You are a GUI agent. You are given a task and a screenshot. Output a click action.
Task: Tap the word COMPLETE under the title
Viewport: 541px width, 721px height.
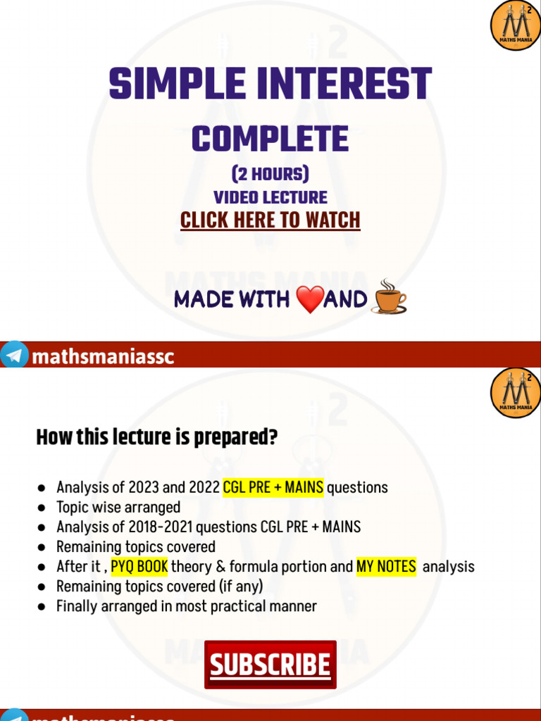click(x=270, y=139)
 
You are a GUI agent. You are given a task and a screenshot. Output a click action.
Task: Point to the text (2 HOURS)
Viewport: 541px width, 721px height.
click(x=270, y=174)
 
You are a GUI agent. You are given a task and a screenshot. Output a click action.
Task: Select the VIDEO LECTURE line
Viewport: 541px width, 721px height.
click(x=270, y=197)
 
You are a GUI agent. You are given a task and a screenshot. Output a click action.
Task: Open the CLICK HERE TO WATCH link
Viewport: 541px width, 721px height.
click(x=270, y=220)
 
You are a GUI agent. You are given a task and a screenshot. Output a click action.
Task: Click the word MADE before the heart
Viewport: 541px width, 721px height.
click(x=202, y=300)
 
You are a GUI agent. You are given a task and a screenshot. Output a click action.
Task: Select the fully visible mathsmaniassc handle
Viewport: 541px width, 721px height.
click(x=103, y=357)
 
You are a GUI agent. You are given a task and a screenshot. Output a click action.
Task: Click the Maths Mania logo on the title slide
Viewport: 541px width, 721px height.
click(x=515, y=26)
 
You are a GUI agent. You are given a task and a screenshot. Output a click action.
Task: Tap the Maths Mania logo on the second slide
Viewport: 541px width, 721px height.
click(x=515, y=393)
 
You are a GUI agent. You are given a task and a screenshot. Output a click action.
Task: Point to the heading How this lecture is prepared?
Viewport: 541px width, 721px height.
click(x=156, y=438)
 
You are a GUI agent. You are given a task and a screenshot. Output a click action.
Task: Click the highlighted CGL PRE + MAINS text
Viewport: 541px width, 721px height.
click(x=273, y=487)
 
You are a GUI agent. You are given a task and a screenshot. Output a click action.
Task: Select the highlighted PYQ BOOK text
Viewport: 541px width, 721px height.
click(x=139, y=567)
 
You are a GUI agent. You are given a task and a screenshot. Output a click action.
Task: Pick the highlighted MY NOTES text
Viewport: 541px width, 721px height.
click(x=386, y=567)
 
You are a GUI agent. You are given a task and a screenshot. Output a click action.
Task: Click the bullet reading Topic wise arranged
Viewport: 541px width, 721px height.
click(x=118, y=507)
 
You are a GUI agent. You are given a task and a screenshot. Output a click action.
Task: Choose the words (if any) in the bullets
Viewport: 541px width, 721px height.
click(x=240, y=587)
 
